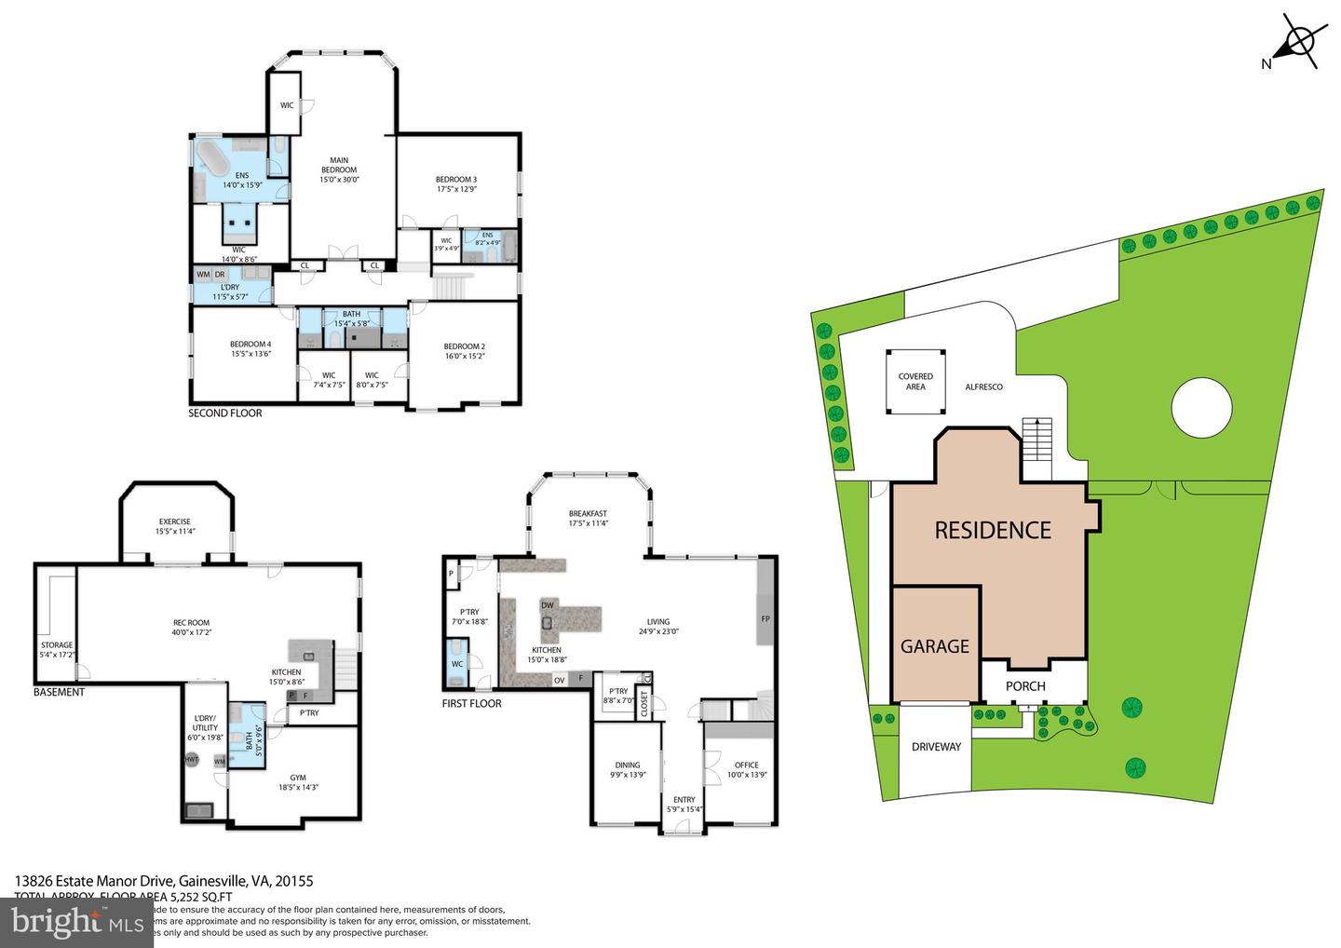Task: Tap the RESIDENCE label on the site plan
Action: click(x=992, y=530)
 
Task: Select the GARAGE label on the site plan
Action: click(x=934, y=646)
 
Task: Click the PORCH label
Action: click(x=1025, y=686)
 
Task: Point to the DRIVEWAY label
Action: click(x=936, y=746)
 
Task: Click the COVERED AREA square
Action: click(x=915, y=382)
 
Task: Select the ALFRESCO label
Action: click(x=983, y=386)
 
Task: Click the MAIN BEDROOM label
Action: click(x=339, y=169)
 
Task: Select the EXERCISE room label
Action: click(x=174, y=526)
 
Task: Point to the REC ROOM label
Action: click(x=191, y=628)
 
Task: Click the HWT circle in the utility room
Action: click(x=192, y=760)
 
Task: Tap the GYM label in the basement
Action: click(x=298, y=782)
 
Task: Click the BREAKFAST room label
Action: click(x=588, y=518)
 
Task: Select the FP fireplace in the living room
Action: click(x=765, y=618)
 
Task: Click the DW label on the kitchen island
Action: click(x=547, y=605)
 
